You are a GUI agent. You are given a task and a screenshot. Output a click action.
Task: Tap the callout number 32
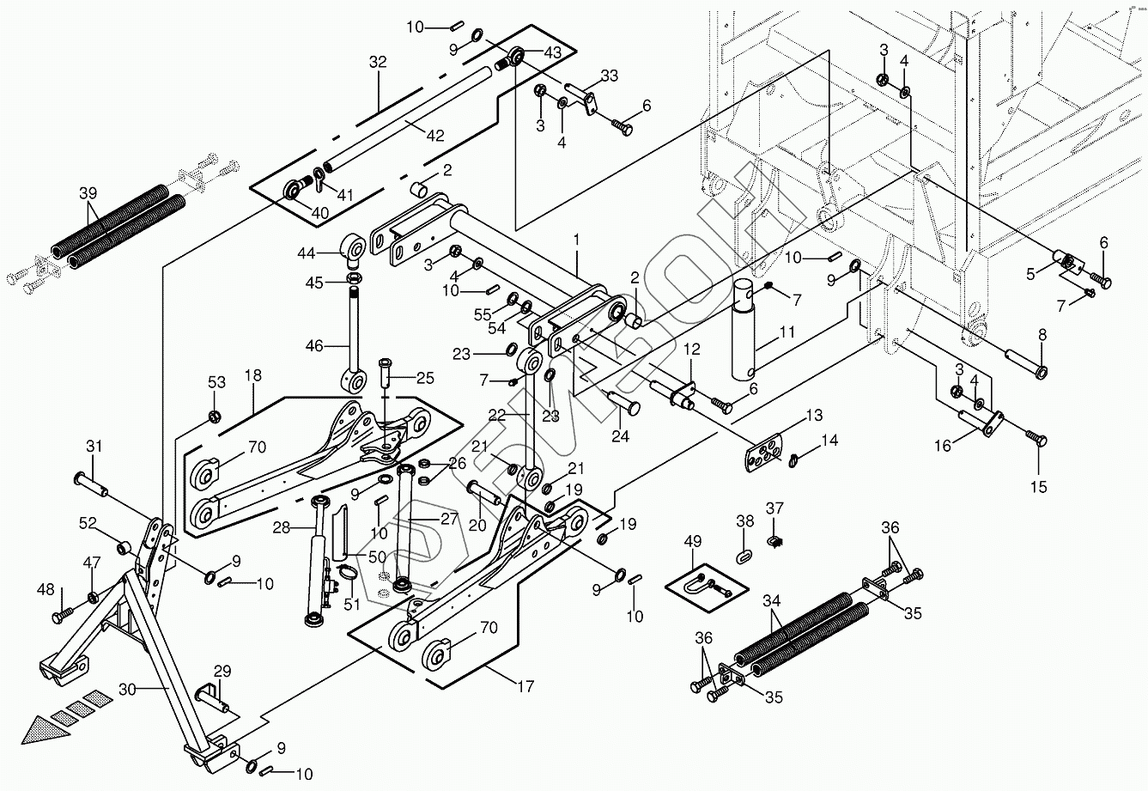click(x=378, y=62)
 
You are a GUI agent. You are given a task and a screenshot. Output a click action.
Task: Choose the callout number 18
click(x=252, y=375)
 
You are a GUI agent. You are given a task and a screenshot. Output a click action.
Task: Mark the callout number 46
click(x=314, y=346)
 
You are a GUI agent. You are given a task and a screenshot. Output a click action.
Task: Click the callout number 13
click(x=813, y=416)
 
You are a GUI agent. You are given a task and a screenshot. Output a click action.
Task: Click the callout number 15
click(x=1039, y=488)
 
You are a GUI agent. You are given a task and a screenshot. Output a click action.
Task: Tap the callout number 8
click(x=1042, y=336)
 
